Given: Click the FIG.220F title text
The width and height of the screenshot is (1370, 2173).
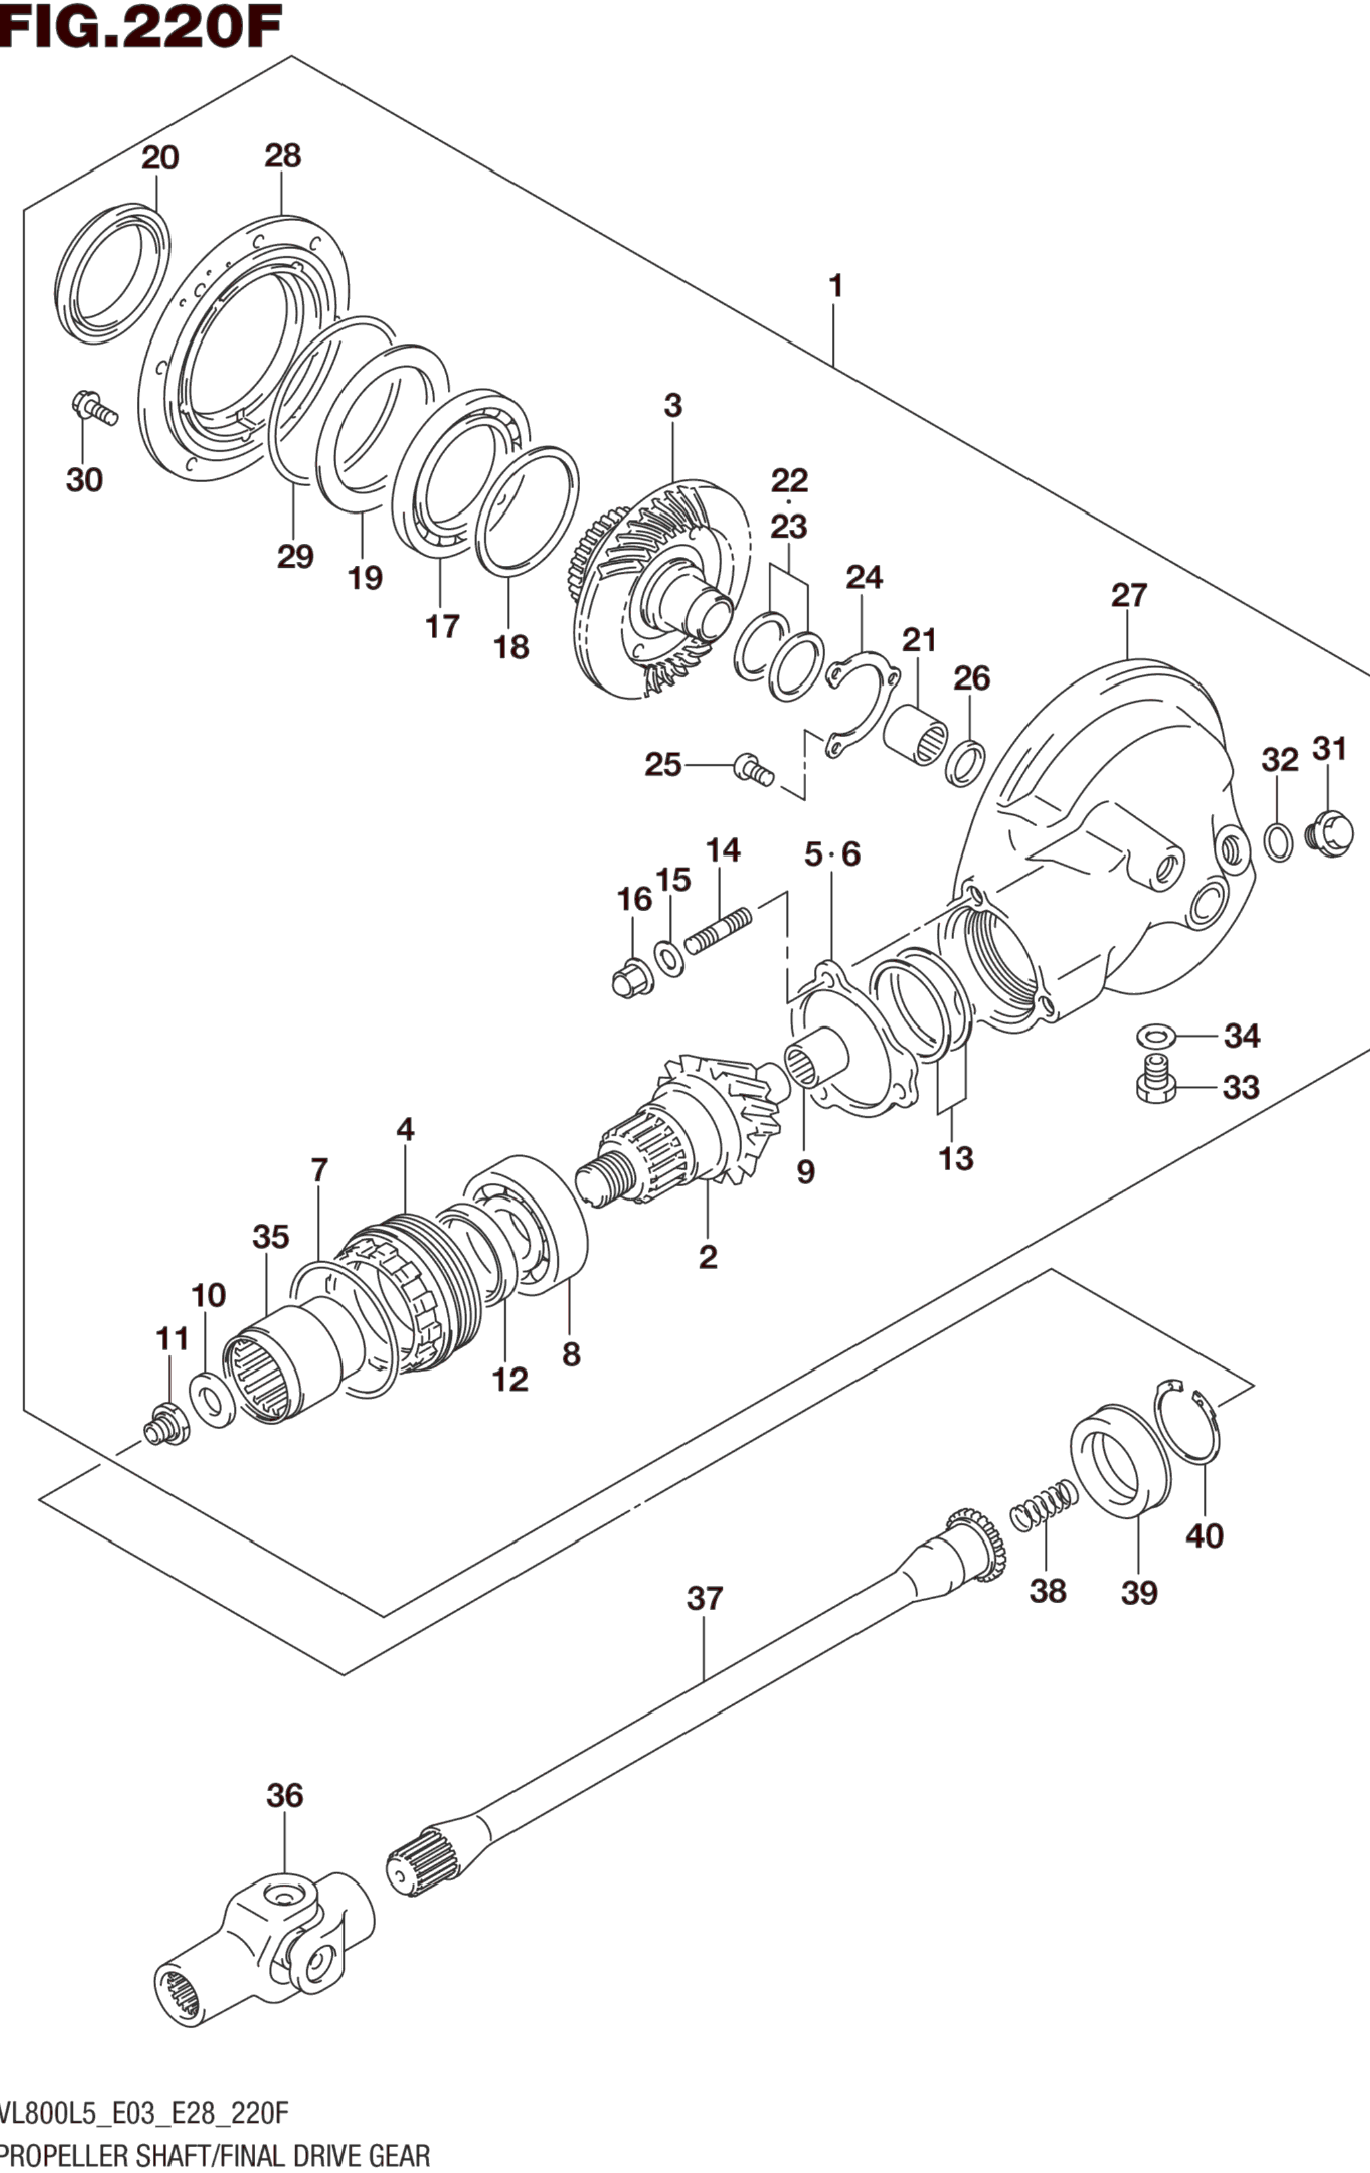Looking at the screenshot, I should pyautogui.click(x=142, y=27).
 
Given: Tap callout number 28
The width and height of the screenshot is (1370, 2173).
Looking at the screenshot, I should pyautogui.click(x=282, y=156).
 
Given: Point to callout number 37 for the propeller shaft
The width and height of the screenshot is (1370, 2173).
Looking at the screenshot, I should pyautogui.click(x=705, y=1599).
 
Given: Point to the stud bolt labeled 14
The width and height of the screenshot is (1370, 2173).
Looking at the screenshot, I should pyautogui.click(x=718, y=930).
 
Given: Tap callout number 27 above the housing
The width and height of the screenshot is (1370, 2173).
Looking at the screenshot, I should pyautogui.click(x=1128, y=596).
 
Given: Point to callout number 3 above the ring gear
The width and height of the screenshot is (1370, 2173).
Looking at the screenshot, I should pyautogui.click(x=672, y=407).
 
